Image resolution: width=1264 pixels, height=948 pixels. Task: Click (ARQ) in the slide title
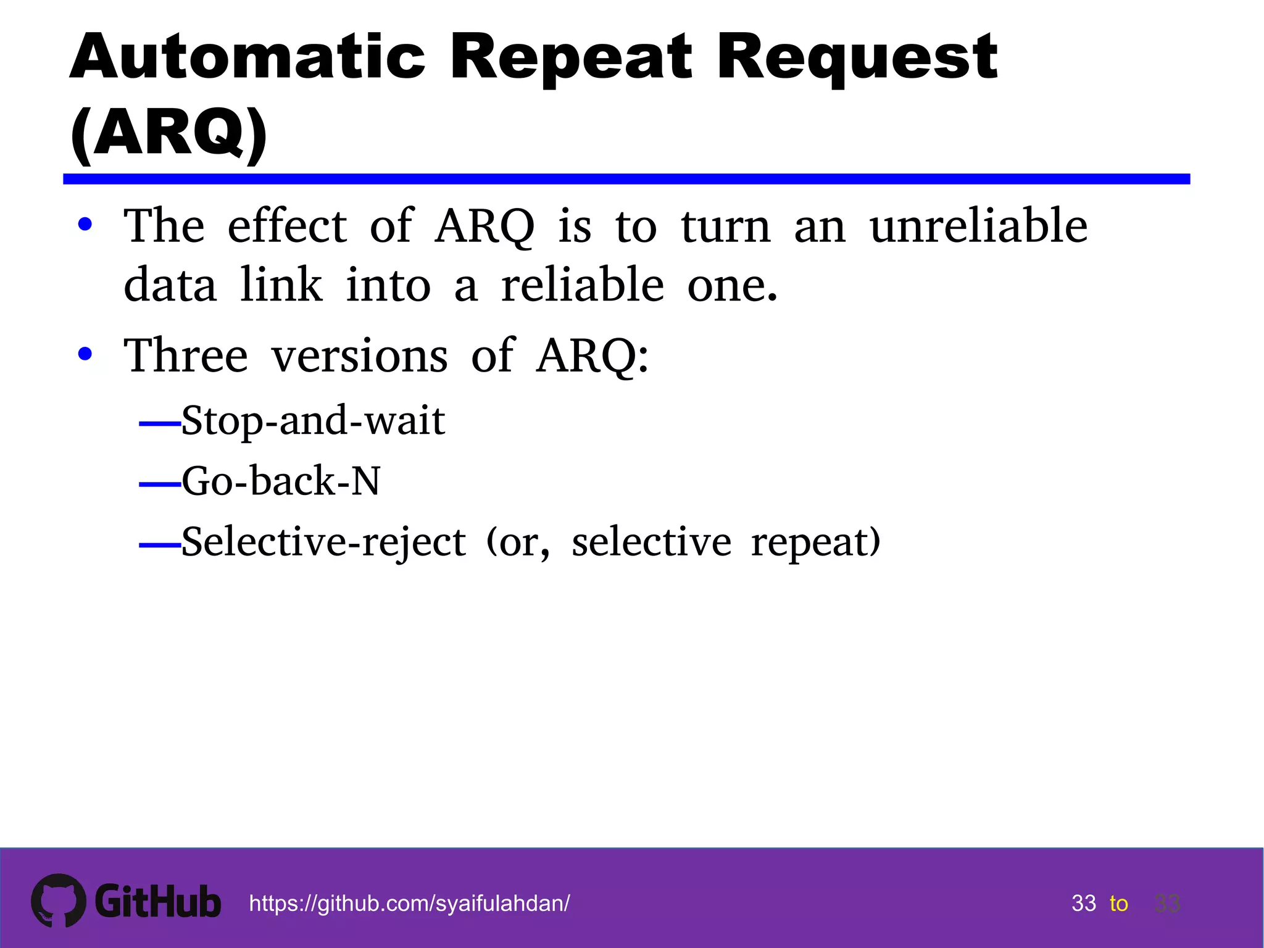tap(168, 132)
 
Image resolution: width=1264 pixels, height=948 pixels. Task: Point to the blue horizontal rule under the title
tap(626, 179)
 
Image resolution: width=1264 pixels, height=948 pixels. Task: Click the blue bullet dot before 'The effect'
tap(85, 225)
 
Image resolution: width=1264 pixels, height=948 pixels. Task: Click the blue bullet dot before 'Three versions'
tap(85, 354)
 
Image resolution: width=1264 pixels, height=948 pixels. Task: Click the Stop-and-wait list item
tap(313, 421)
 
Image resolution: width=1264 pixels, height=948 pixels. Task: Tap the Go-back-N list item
tap(281, 481)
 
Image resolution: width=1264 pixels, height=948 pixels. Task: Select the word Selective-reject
tap(323, 542)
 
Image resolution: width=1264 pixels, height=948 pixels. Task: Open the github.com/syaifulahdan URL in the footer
tap(409, 904)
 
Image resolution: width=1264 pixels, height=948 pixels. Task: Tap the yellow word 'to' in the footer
tap(1118, 904)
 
